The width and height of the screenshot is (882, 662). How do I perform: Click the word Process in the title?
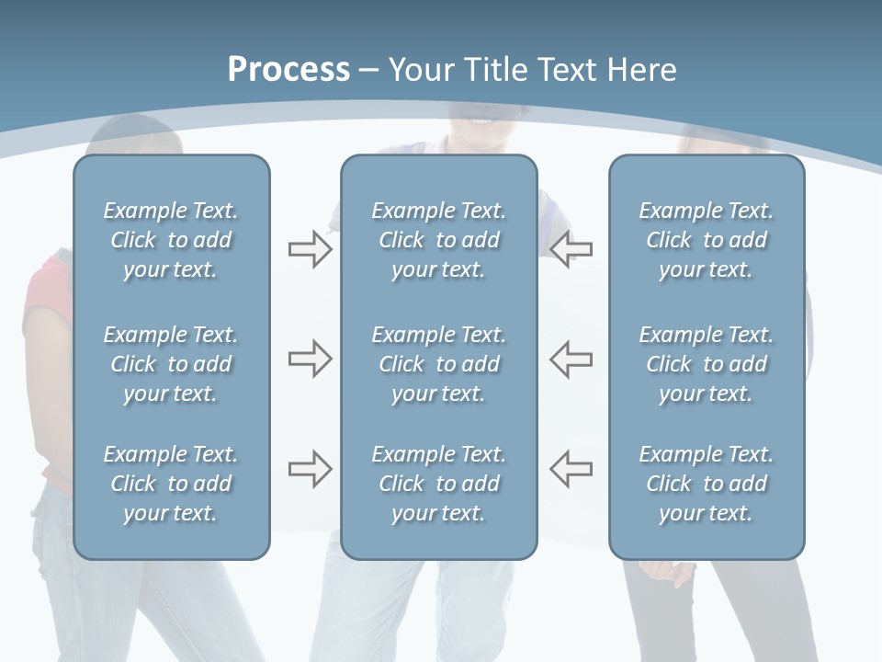[x=288, y=70]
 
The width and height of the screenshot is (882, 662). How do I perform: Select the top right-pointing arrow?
[x=310, y=249]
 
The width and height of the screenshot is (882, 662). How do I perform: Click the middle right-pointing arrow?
[x=310, y=359]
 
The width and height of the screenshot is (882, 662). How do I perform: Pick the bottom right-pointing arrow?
[x=310, y=469]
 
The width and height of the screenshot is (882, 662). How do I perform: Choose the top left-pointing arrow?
[x=571, y=249]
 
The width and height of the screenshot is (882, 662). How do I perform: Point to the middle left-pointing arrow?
[x=571, y=359]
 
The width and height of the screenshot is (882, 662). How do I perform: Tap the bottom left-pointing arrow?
[x=571, y=469]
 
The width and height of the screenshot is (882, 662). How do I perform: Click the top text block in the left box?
[x=171, y=240]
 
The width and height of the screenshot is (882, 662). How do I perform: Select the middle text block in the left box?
[x=171, y=364]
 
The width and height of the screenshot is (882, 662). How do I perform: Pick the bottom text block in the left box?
[x=171, y=484]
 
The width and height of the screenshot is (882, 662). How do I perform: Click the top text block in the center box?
[x=438, y=240]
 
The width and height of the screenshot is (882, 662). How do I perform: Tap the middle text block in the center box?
[x=438, y=364]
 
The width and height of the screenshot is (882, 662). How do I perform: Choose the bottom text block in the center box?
[x=438, y=484]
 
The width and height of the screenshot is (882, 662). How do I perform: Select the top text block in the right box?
[x=706, y=240]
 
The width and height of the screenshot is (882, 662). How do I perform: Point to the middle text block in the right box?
[x=706, y=364]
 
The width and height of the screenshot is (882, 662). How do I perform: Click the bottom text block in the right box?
[x=706, y=484]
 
